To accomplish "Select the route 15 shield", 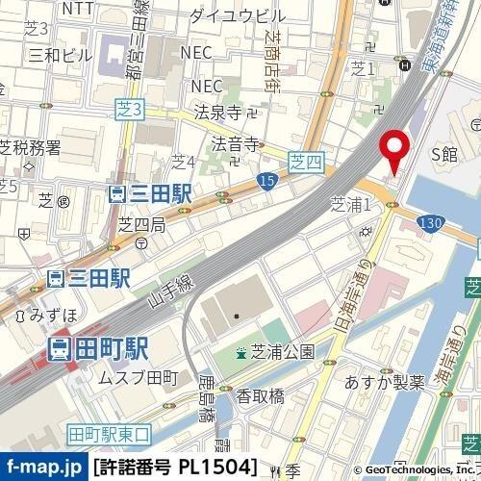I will click(263, 181).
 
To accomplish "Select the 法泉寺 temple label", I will click(217, 113).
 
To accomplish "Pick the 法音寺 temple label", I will click(235, 145).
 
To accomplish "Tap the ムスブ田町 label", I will click(139, 375).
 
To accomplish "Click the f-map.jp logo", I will click(43, 468).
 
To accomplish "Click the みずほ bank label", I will click(46, 315).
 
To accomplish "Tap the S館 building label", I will click(445, 153).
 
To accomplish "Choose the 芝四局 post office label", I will click(141, 225).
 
